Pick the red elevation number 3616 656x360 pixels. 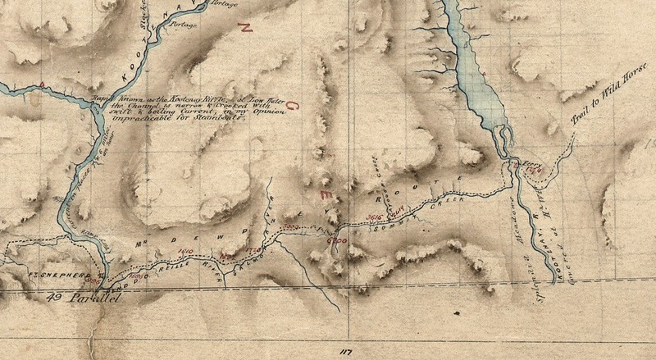click(x=373, y=216)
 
